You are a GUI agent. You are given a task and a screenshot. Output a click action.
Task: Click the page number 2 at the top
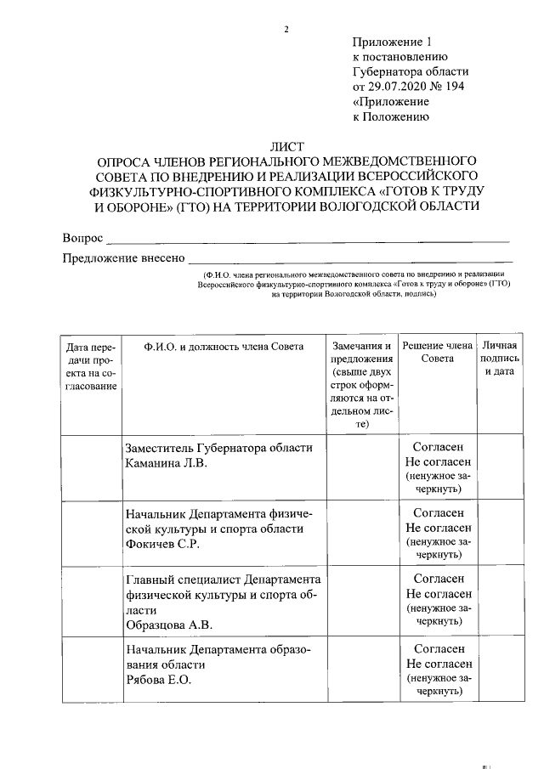(286, 31)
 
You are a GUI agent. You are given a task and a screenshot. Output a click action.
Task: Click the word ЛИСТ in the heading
(286, 146)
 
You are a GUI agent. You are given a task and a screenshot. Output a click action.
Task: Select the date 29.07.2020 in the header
(394, 87)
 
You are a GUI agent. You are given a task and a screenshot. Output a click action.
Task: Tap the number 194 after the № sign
(453, 87)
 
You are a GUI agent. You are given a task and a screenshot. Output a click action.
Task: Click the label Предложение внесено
(122, 258)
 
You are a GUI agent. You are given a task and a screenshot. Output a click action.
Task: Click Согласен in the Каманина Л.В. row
(438, 447)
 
